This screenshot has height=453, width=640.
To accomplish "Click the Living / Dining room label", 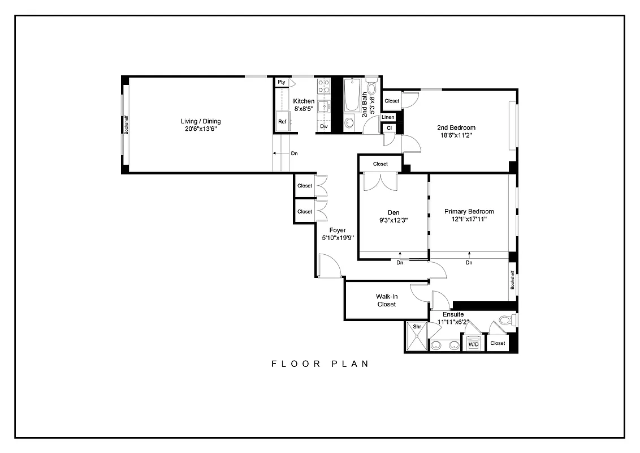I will pyautogui.click(x=201, y=121).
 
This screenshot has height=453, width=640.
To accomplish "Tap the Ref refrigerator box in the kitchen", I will pyautogui.click(x=282, y=122).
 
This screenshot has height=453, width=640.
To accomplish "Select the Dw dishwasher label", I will pyautogui.click(x=324, y=126).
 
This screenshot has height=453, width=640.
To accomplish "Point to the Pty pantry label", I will pyautogui.click(x=282, y=83).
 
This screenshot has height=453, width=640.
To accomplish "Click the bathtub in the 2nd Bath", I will pyautogui.click(x=351, y=95).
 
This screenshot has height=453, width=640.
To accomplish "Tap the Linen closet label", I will pyautogui.click(x=388, y=117).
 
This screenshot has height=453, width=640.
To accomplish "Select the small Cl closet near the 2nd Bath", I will pyautogui.click(x=389, y=128).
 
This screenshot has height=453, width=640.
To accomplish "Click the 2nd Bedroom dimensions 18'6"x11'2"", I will pyautogui.click(x=456, y=136).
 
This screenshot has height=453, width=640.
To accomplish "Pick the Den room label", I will pyautogui.click(x=393, y=212).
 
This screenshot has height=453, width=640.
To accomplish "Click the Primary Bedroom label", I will pyautogui.click(x=469, y=211).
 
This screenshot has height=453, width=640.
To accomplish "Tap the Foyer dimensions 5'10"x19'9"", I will pyautogui.click(x=338, y=238).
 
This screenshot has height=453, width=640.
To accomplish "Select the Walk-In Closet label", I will pyautogui.click(x=386, y=300).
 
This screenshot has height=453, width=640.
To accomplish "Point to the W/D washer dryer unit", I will pyautogui.click(x=473, y=343).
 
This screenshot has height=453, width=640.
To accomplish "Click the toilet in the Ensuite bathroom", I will pyautogui.click(x=507, y=320).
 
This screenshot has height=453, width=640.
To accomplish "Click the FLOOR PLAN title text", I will pyautogui.click(x=320, y=364).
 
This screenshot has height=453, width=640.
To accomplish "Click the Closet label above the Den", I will pyautogui.click(x=380, y=164).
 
